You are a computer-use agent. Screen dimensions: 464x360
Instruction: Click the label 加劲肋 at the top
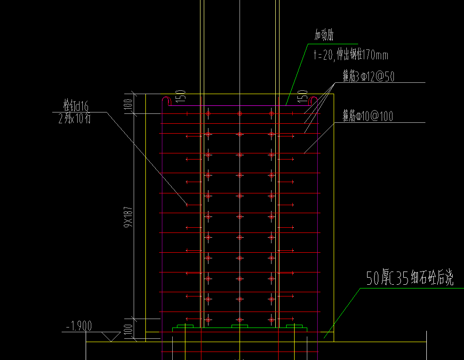pos(324,35)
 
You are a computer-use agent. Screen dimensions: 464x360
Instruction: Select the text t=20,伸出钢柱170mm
pos(351,55)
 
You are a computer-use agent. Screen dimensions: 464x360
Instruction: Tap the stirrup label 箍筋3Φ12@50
pos(368,76)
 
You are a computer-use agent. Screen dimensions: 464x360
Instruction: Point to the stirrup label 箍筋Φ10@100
pos(368,116)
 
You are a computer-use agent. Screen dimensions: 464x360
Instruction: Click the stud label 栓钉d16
pos(76,105)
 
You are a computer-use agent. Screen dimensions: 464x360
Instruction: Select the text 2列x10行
pos(74,119)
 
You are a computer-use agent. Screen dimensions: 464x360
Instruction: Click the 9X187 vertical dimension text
pos(128,217)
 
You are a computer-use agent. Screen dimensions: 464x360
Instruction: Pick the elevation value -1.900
pos(79,326)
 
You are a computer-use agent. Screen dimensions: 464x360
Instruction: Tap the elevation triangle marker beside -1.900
pos(111,336)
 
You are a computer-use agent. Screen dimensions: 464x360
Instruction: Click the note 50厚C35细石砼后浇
pos(410,278)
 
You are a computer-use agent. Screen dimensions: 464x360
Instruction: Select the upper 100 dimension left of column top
pos(128,104)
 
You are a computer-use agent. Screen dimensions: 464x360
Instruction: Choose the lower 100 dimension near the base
pos(128,329)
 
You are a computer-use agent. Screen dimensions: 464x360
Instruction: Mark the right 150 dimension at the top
pos(303,96)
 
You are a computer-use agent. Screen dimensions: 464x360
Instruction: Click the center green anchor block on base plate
pos(240,326)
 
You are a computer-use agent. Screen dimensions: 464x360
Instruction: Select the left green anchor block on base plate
pos(185,326)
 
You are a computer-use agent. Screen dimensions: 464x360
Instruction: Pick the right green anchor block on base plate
pos(295,326)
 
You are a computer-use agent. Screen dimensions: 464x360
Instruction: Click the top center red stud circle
pos(240,113)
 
